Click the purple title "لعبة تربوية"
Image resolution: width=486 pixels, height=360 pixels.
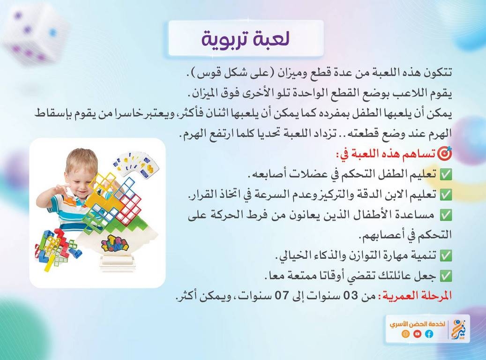[x=246, y=39]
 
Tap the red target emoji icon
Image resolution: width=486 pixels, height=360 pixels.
[x=445, y=153]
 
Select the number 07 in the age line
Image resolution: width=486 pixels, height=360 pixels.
[x=281, y=296]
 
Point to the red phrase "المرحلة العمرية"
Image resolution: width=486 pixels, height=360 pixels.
[x=417, y=295]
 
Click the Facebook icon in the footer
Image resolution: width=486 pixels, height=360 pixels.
[x=429, y=334]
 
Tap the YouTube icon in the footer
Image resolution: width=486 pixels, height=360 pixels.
[x=417, y=334]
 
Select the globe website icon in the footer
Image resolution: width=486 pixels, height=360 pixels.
[x=405, y=334]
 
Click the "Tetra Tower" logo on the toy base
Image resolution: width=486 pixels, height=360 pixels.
[x=115, y=244]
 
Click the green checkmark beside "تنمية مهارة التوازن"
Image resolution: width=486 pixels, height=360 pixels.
[x=446, y=256]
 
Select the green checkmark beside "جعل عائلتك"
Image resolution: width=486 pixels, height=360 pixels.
[x=446, y=276]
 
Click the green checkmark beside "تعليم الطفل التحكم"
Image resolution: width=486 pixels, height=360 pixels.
[x=446, y=174]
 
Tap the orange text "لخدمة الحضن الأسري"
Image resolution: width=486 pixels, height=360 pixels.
[x=418, y=324]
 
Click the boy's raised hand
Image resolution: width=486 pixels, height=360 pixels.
[x=57, y=192]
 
